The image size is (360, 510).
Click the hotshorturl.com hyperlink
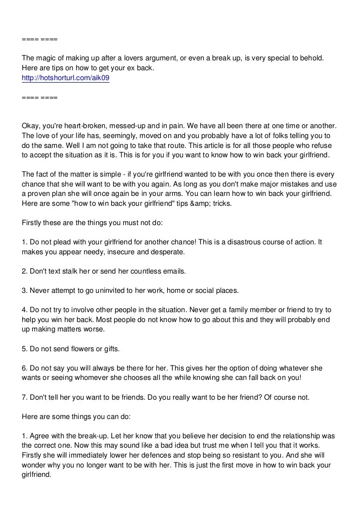[65, 78]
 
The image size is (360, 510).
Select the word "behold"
[311, 58]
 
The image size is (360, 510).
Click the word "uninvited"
[114, 290]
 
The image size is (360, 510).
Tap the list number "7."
[25, 397]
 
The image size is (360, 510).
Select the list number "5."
[25, 349]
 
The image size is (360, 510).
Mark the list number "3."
[25, 290]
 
